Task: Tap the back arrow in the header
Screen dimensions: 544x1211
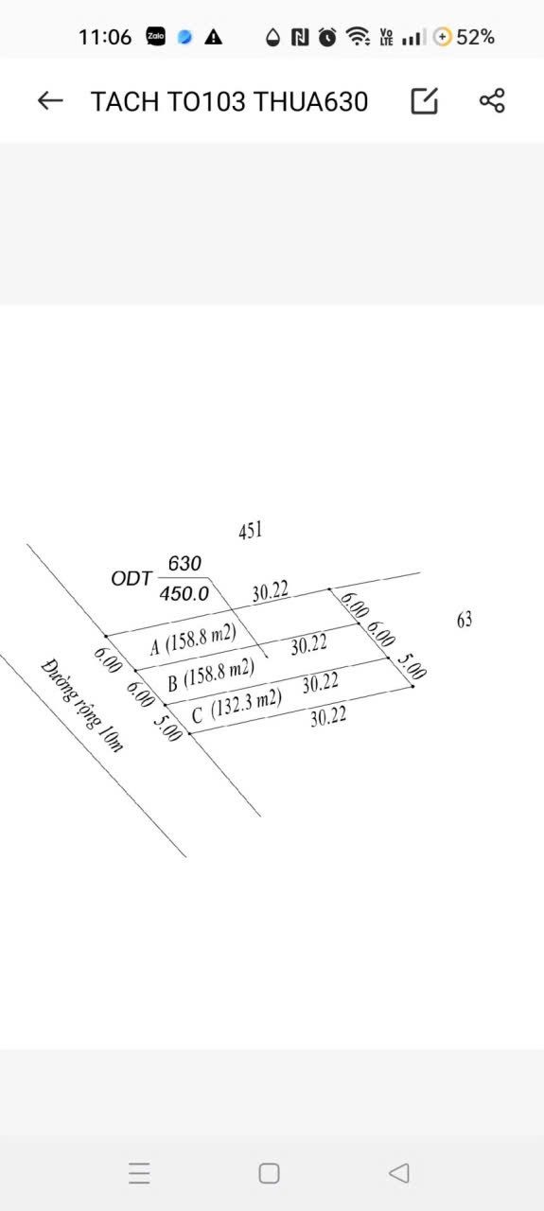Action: click(50, 100)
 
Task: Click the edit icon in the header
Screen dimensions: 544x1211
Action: click(425, 100)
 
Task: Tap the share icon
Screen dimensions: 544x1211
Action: click(492, 100)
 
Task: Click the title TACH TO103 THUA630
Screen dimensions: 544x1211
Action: click(229, 101)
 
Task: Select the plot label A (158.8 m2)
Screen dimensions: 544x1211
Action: click(193, 639)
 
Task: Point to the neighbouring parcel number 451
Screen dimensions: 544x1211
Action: click(251, 531)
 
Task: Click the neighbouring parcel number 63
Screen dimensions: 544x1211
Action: click(465, 620)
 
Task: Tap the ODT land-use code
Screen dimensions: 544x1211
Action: click(131, 578)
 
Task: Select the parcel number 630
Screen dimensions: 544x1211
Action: click(184, 563)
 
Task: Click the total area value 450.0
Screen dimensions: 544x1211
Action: click(184, 594)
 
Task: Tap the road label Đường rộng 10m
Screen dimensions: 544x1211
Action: click(81, 705)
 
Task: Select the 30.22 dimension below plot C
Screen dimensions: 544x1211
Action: click(328, 717)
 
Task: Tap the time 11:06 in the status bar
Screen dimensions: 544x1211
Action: click(105, 37)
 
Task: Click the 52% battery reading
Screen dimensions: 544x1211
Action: click(475, 37)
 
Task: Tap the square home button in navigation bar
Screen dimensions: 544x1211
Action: click(270, 1174)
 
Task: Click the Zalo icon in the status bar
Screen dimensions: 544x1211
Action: click(156, 37)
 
